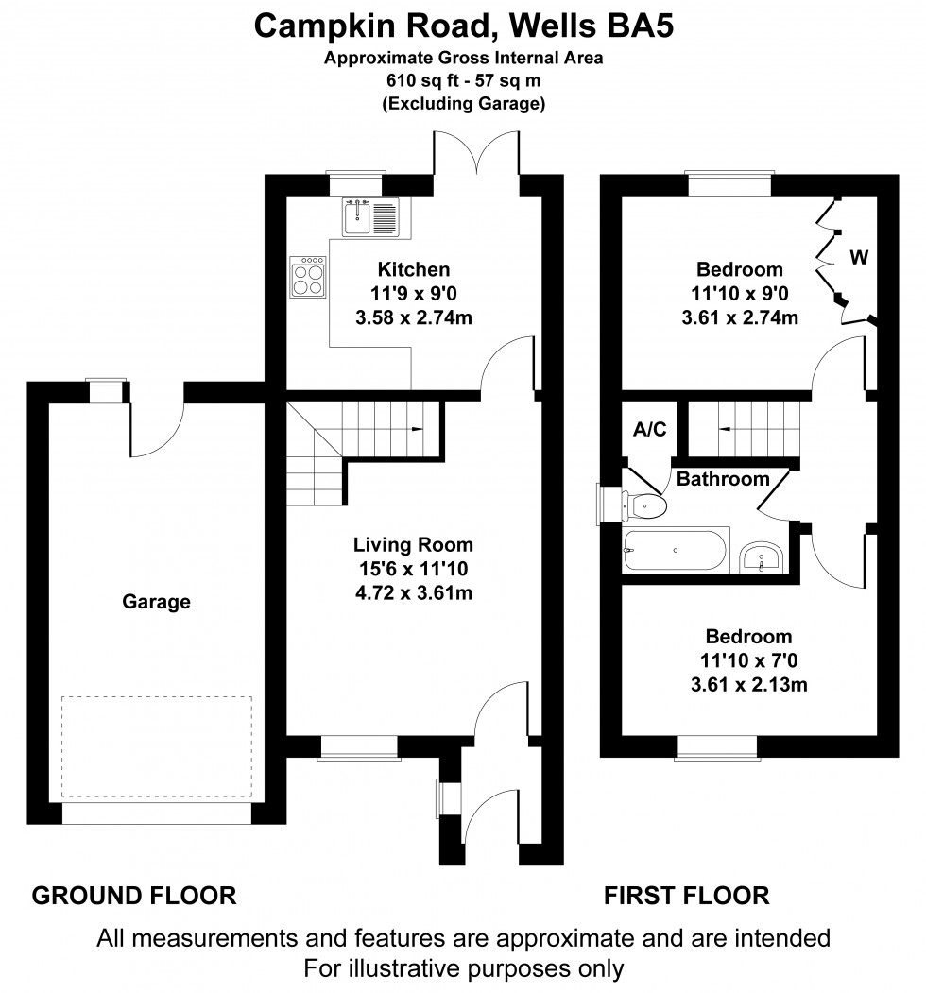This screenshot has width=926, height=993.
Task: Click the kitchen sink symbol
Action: pyautogui.click(x=372, y=216)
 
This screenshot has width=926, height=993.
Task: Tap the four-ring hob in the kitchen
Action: pyautogui.click(x=308, y=277)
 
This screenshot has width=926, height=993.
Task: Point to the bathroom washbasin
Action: pyautogui.click(x=761, y=557)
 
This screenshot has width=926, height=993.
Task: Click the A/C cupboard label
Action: pyautogui.click(x=649, y=430)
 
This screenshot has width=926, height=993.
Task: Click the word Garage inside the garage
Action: pyautogui.click(x=156, y=601)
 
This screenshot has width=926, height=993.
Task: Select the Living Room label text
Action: pyautogui.click(x=413, y=545)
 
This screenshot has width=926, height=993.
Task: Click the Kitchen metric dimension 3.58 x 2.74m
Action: pyautogui.click(x=413, y=317)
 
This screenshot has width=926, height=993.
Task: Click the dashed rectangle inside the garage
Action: pyautogui.click(x=157, y=746)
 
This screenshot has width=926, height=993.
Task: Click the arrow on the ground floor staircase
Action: pyautogui.click(x=417, y=429)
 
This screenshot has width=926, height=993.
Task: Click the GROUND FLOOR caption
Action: pyautogui.click(x=134, y=895)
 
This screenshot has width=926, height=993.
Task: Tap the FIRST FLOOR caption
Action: pyautogui.click(x=687, y=895)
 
